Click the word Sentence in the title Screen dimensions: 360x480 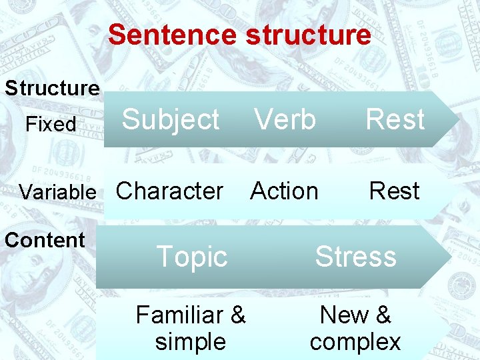pyautogui.click(x=173, y=35)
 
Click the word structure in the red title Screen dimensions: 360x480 pyautogui.click(x=309, y=35)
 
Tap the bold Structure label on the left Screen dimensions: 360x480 pyautogui.click(x=53, y=88)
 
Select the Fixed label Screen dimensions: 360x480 pyautogui.click(x=51, y=124)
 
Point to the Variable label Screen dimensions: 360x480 pyautogui.click(x=58, y=193)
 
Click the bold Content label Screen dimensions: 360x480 pyautogui.click(x=45, y=240)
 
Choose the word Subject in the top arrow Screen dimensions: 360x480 pyautogui.click(x=171, y=120)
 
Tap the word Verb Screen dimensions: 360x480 pyautogui.click(x=285, y=120)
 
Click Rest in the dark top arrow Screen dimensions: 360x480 pyautogui.click(x=395, y=120)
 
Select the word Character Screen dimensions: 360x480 pyautogui.click(x=169, y=191)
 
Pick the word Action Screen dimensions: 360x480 pyautogui.click(x=284, y=191)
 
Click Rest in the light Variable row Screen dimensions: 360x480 pyautogui.click(x=394, y=191)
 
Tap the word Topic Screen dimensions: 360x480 pyautogui.click(x=191, y=257)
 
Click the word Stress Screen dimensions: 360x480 pyautogui.click(x=355, y=257)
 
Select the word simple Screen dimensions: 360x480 pyautogui.click(x=191, y=341)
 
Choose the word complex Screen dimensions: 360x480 pyautogui.click(x=355, y=342)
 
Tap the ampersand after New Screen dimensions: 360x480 pyautogui.click(x=383, y=314)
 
